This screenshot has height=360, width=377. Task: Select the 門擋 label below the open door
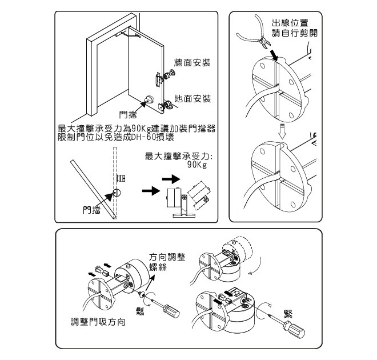pos(127,114)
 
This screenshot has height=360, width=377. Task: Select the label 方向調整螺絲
pos(167,262)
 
